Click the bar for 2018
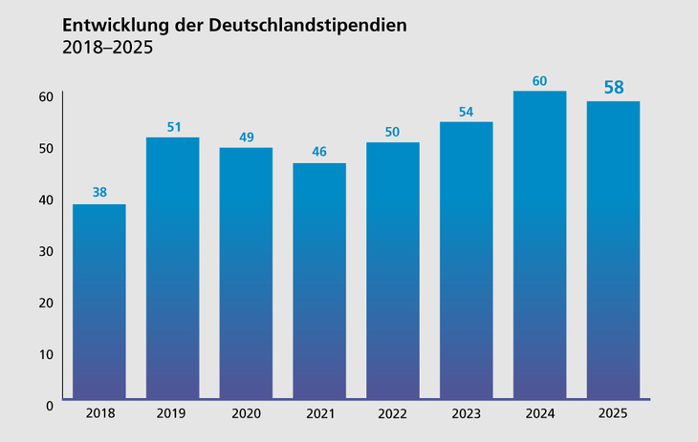(99, 301)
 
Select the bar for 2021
(319, 281)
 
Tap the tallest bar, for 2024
(539, 244)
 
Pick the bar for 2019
(172, 267)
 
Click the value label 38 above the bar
(99, 192)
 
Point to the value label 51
(173, 126)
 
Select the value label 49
(246, 137)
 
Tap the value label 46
(319, 152)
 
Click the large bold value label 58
(613, 88)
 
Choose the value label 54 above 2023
(466, 111)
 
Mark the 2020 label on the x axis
(246, 415)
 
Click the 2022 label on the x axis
(392, 415)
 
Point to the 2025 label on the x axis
(613, 415)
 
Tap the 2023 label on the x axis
(466, 415)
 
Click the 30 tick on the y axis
(45, 251)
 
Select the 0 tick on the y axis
(49, 406)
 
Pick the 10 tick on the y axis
(45, 354)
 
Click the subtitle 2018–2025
(107, 48)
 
